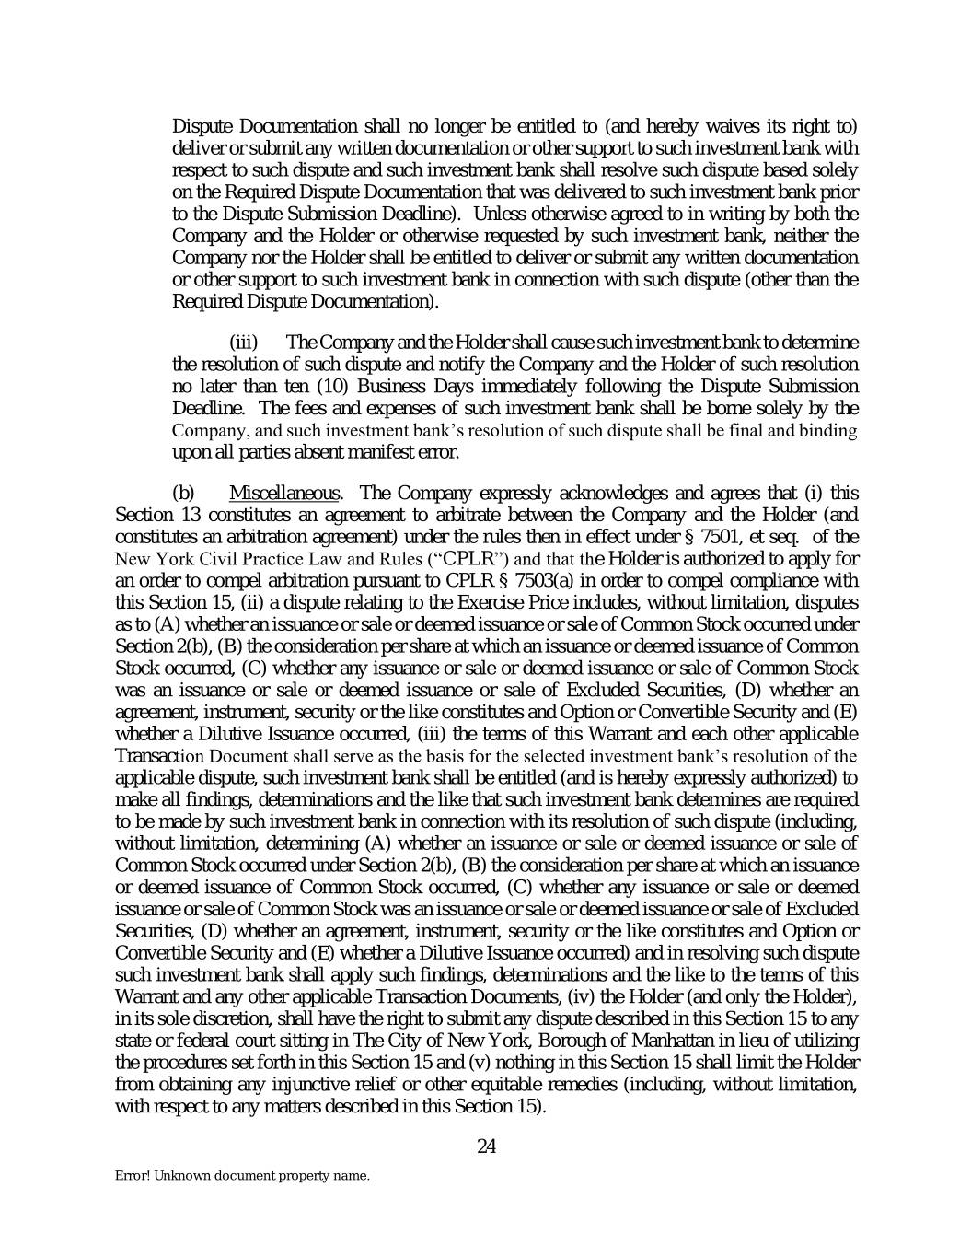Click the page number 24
point(487,1146)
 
